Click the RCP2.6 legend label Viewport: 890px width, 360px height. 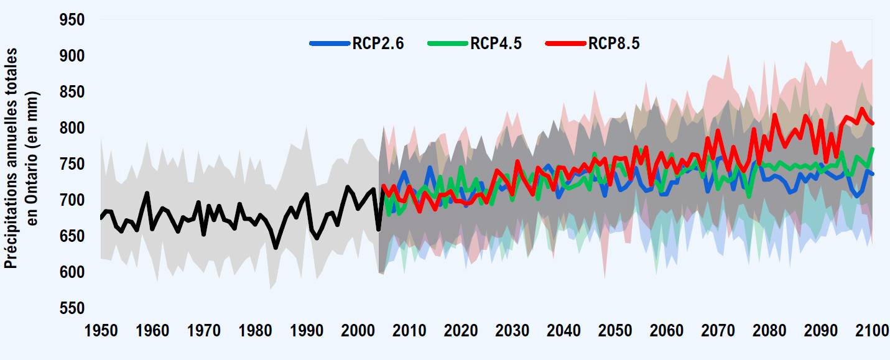pos(378,44)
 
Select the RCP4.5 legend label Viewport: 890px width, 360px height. pos(496,44)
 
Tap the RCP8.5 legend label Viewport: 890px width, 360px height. pos(614,44)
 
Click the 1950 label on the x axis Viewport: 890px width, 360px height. pos(101,330)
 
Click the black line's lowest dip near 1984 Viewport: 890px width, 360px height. pos(276,247)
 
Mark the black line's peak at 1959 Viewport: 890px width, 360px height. pos(147,193)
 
